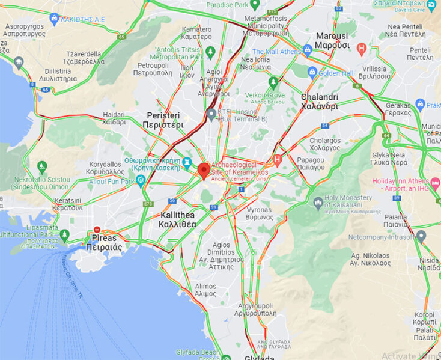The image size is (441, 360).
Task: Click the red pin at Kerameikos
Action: pos(204,170)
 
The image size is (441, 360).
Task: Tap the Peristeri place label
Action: pos(163,120)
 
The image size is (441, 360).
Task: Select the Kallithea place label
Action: pos(178,219)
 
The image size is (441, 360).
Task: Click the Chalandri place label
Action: pos(319,102)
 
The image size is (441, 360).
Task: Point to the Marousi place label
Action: pos(332,40)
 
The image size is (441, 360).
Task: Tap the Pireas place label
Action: pos(104,243)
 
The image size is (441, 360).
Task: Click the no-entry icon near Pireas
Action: pos(97,230)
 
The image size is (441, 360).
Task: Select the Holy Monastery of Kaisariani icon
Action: pos(318,203)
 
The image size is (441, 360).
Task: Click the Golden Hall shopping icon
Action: pos(312,73)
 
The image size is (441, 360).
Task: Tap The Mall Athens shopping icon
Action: pos(307,52)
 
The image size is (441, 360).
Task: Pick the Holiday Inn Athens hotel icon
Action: pos(436,182)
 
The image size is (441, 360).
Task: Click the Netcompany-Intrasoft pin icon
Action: pos(421,236)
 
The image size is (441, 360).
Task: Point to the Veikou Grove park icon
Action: pos(273,82)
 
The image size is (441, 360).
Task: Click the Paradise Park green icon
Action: pos(255,5)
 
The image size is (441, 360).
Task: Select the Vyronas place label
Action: pos(260,213)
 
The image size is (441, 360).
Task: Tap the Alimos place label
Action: pos(205,290)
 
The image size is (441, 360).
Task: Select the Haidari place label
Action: pos(114,118)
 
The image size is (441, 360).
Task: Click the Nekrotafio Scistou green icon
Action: pos(41,166)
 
